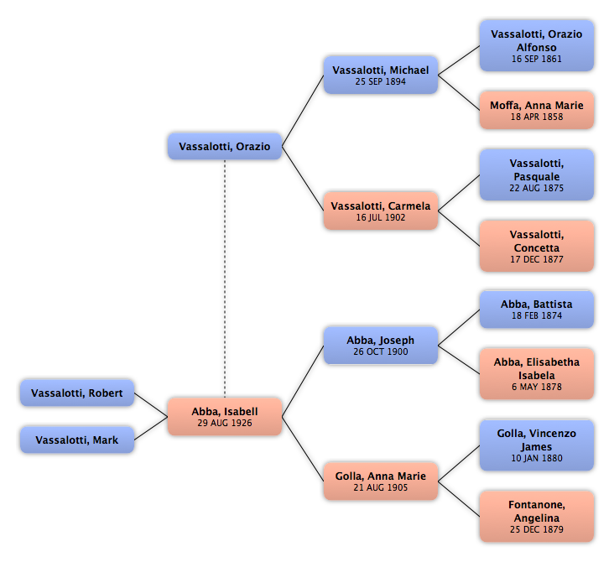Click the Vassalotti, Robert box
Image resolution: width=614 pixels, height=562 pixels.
(77, 393)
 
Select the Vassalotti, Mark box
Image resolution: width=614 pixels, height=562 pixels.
(77, 440)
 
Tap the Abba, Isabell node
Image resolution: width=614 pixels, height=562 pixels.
(225, 417)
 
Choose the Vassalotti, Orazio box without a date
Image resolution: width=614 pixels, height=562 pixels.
(225, 147)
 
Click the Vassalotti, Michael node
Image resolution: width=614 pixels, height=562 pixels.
(381, 75)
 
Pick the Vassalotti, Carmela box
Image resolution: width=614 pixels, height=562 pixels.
(381, 211)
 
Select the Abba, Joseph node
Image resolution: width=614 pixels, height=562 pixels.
(381, 346)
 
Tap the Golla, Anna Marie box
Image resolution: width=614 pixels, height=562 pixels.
(381, 481)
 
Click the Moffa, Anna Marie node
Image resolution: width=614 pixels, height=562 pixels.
(537, 110)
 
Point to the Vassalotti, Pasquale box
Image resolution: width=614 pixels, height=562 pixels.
(537, 174)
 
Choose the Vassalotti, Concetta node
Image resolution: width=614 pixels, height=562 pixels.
(537, 246)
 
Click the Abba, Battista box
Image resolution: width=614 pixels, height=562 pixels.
(537, 309)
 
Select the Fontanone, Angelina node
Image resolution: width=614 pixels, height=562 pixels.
(537, 516)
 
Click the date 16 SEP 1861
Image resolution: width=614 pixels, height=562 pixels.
(537, 59)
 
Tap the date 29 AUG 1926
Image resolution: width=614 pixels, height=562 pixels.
(225, 423)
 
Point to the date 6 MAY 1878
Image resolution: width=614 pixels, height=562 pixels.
(537, 387)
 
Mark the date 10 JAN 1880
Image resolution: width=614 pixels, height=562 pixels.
(537, 458)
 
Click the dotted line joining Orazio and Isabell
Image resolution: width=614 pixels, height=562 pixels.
(225, 278)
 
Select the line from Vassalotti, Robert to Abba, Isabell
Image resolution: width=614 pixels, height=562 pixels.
(151, 404)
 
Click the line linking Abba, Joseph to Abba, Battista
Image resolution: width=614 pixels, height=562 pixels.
(459, 327)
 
